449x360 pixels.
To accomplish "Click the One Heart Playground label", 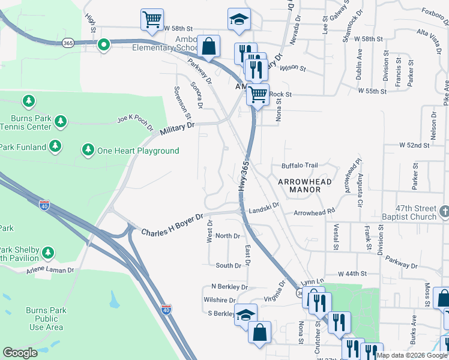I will [138, 151].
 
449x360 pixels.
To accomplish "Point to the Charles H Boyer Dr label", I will [172, 223].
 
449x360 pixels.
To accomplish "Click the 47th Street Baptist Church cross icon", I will [444, 211].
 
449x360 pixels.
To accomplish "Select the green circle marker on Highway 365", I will [104, 44].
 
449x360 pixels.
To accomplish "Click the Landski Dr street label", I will [265, 207].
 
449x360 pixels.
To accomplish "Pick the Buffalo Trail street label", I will [299, 166].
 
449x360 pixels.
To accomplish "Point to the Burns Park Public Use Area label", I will [46, 319].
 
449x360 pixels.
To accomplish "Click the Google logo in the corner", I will [20, 353].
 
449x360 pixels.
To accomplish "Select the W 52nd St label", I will [414, 145].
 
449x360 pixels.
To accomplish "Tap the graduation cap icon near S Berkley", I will [246, 315].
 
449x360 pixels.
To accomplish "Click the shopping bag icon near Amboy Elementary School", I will [208, 46].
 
